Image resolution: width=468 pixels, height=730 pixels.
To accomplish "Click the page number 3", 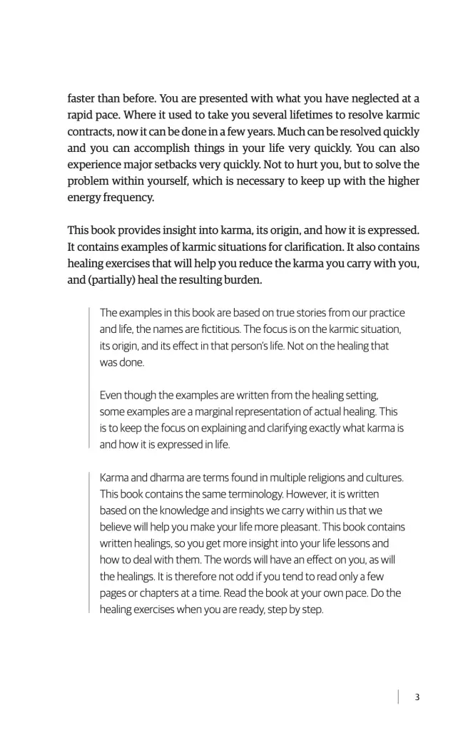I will click(x=417, y=697).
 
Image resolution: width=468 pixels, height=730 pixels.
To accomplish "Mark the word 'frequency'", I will click(x=130, y=197).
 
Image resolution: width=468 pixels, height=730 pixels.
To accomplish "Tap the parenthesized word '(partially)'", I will click(x=113, y=279).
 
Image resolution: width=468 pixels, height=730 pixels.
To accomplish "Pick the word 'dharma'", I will click(x=167, y=478).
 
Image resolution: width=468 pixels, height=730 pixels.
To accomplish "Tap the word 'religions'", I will click(x=327, y=478).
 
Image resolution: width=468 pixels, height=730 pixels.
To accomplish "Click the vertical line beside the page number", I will click(x=398, y=697).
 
